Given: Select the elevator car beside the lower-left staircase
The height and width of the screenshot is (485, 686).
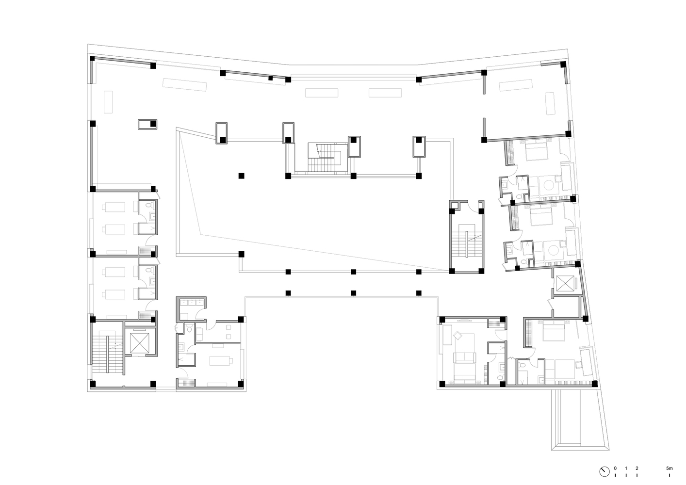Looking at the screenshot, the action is click(x=140, y=342).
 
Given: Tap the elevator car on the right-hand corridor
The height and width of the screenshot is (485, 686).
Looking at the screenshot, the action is click(x=565, y=284).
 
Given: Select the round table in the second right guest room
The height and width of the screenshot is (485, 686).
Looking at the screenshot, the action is click(x=554, y=250).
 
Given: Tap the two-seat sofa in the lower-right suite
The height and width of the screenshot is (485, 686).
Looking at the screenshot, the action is click(x=465, y=357).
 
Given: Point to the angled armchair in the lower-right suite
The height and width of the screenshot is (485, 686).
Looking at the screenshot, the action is click(x=458, y=336).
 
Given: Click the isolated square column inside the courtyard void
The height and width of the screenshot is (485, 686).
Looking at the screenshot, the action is click(x=241, y=176).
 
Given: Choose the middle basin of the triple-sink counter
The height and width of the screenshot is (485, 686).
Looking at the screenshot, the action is click(x=192, y=303).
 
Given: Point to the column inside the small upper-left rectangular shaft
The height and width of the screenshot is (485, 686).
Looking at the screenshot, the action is click(x=153, y=124).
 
